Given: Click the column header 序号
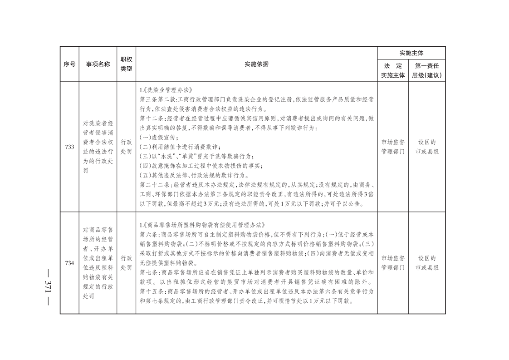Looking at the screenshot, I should pyautogui.click(x=69, y=64).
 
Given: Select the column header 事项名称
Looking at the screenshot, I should pyautogui.click(x=98, y=64).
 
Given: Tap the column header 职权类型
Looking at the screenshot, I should pyautogui.click(x=126, y=64).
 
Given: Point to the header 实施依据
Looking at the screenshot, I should pyautogui.click(x=256, y=64).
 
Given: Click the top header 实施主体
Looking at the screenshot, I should pyautogui.click(x=411, y=53).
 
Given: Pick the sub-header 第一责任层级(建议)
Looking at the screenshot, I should pyautogui.click(x=427, y=70).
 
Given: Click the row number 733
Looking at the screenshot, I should pyautogui.click(x=69, y=147).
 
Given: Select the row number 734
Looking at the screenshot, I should pyautogui.click(x=69, y=263).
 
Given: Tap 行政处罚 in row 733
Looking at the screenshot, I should pyautogui.click(x=126, y=147).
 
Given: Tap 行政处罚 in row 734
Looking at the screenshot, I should pyautogui.click(x=126, y=263).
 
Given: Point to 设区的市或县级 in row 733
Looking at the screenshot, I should pyautogui.click(x=427, y=147).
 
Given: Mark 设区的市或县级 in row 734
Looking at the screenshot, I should pyautogui.click(x=427, y=263).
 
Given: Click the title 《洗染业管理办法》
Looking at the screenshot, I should pyautogui.click(x=168, y=90).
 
